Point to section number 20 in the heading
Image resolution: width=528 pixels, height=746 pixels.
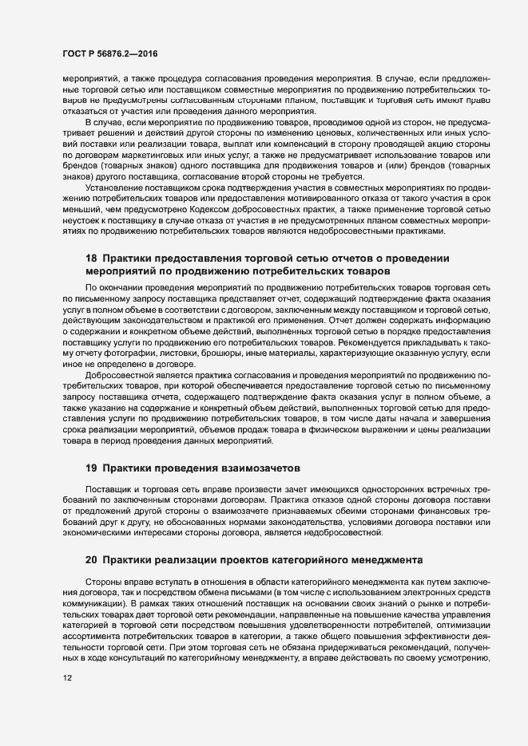point(91,559)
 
